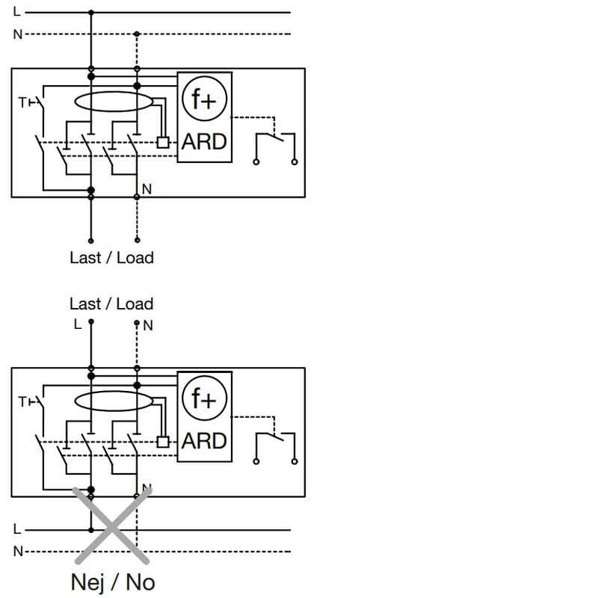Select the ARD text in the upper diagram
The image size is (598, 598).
point(205,141)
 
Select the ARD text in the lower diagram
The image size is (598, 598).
point(204,441)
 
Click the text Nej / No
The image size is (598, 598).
point(113,582)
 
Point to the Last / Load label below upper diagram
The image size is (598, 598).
point(111,258)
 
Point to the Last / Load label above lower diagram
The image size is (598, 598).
point(111,304)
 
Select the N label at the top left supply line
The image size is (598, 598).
point(17,34)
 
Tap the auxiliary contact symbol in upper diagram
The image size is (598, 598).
point(275,146)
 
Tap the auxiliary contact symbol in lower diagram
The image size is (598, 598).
point(275,446)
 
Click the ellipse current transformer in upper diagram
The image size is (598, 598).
point(113,103)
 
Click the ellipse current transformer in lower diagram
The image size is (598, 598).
point(113,402)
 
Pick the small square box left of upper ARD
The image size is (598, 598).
point(163,141)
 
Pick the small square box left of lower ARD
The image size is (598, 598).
point(163,441)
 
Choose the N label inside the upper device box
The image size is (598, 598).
point(147,190)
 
